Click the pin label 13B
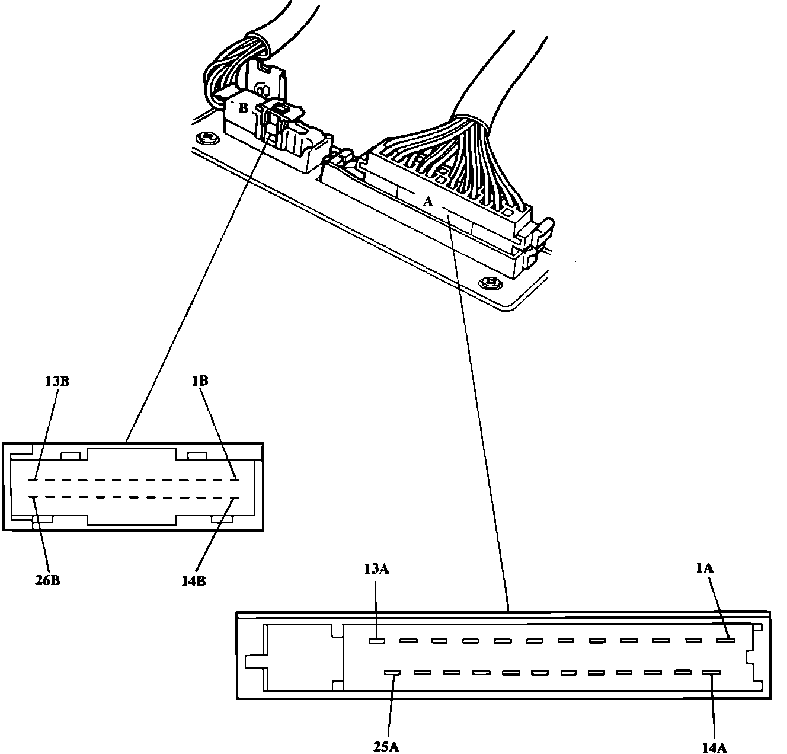coord(57,381)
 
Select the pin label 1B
coord(200,381)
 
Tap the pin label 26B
coord(47,580)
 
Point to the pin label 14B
coord(194,582)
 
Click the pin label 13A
coord(376,569)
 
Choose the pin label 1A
coord(705,568)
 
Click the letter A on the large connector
coord(427,201)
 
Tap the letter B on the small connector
coord(244,108)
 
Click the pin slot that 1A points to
coord(726,640)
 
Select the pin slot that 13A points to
coord(377,641)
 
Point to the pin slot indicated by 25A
coord(392,672)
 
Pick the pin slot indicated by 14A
coord(711,672)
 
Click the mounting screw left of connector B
coord(207,138)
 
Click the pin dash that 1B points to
coord(235,480)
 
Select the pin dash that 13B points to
coord(33,480)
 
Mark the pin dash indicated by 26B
coord(33,497)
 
